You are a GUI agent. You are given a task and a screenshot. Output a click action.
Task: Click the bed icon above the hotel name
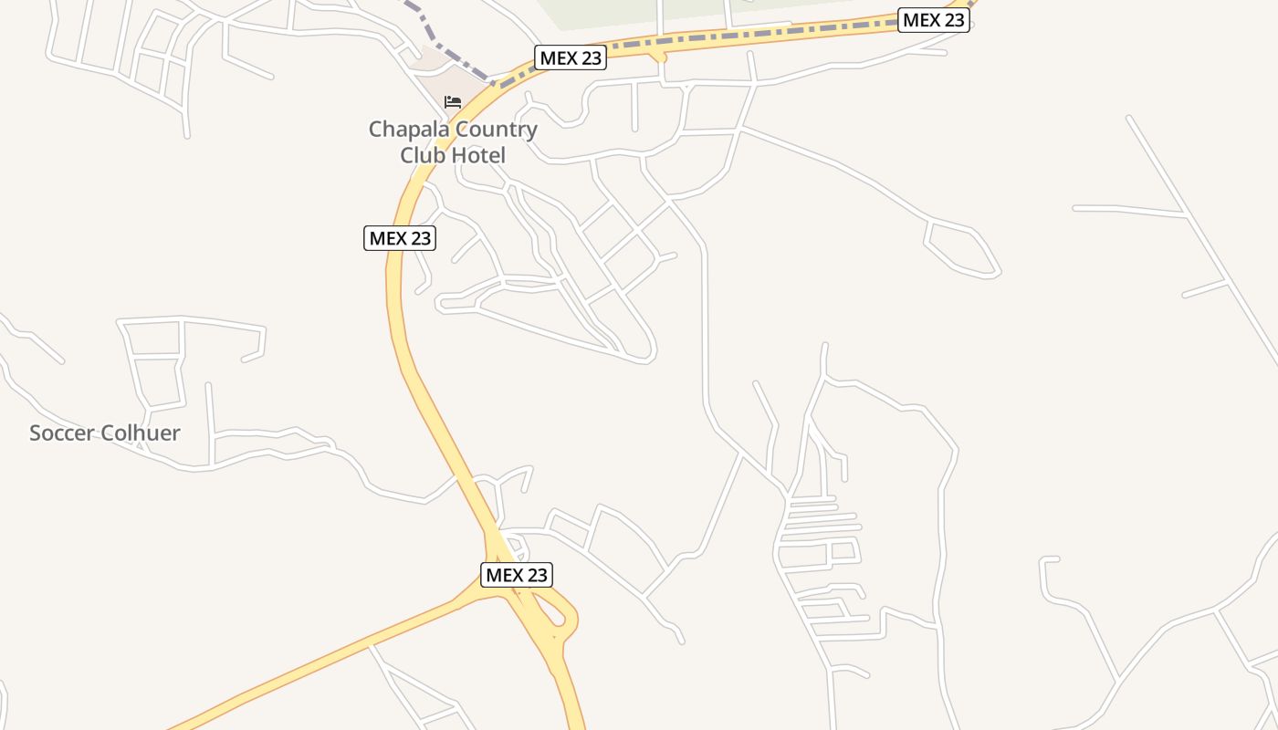(453, 101)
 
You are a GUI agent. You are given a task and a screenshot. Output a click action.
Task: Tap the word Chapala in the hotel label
(407, 130)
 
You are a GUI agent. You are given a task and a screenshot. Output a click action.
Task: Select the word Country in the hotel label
(495, 130)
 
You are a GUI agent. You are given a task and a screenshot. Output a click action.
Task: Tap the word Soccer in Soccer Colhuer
(61, 433)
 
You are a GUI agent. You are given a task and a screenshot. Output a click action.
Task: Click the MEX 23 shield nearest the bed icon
(571, 57)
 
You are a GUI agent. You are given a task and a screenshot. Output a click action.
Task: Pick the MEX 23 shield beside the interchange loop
(516, 575)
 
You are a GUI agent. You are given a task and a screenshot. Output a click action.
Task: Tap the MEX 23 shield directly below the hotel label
(400, 238)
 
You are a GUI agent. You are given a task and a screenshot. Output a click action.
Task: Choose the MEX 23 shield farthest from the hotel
(933, 20)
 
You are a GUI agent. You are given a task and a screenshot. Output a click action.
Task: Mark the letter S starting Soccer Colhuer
(36, 433)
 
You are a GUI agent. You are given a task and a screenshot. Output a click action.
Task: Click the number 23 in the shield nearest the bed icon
(590, 57)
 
